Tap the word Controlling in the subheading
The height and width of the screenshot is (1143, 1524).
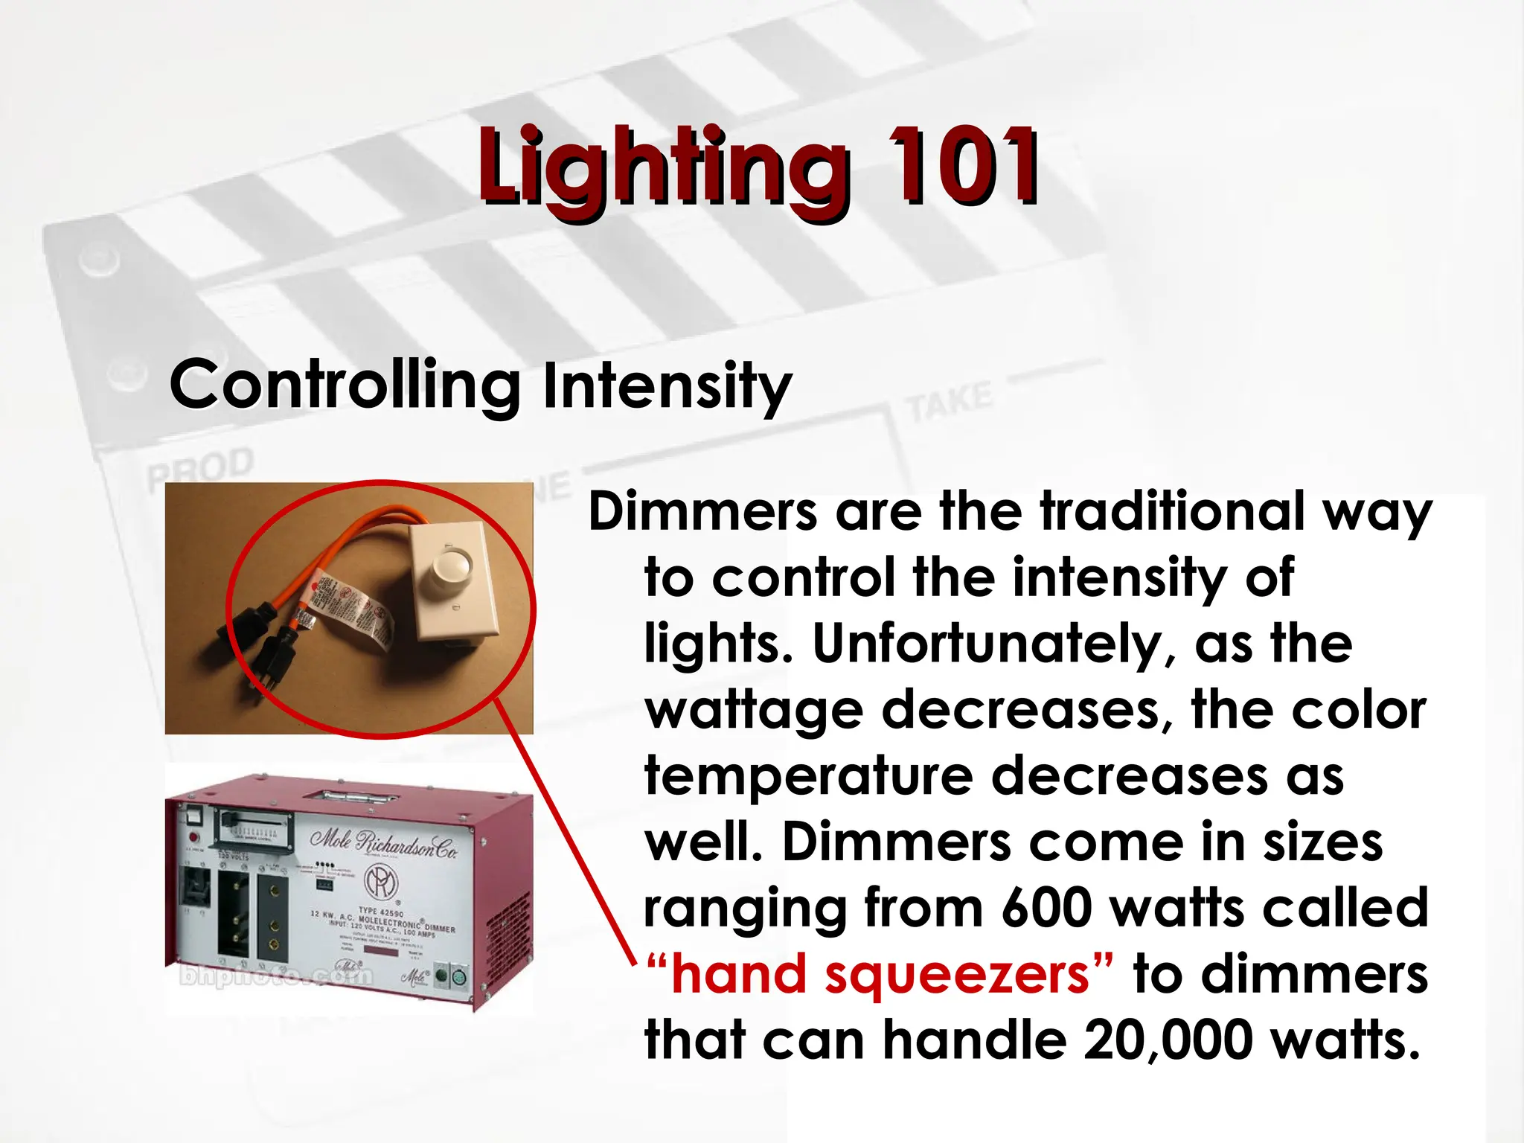[345, 386]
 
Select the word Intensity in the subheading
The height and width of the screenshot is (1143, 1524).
[667, 386]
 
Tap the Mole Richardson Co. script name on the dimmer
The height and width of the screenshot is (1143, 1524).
[384, 843]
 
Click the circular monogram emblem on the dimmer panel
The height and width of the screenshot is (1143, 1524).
[380, 884]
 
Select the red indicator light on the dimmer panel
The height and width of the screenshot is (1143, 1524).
[193, 837]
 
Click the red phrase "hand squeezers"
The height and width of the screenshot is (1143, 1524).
[880, 975]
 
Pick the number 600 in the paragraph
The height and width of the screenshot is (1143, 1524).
[1047, 908]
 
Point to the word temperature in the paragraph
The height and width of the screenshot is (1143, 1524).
[809, 776]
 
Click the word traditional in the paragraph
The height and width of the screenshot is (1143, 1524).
[1172, 512]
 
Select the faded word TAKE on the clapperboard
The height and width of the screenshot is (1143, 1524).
[949, 400]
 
